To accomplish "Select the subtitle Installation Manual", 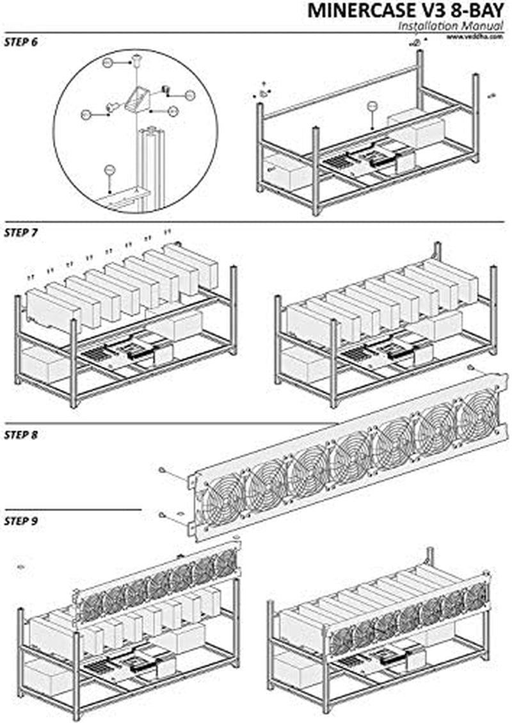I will pos(452,26).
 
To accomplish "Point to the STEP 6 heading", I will pos(20,42).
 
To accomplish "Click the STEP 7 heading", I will pos(20,232).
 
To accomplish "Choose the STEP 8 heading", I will pos(20,435).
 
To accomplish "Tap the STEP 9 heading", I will pos(20,521).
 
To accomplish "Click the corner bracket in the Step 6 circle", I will pos(138,99).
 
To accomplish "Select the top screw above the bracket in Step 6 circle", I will pos(137,60).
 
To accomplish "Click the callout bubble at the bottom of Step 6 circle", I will pos(109,170).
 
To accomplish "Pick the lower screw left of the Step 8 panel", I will pos(164,514).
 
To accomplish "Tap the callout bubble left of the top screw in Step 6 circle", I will pos(108,63).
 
